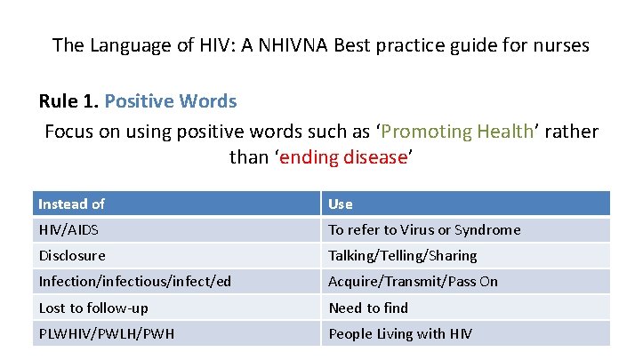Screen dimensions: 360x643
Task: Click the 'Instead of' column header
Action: tap(71, 204)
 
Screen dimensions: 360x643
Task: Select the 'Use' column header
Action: tap(341, 204)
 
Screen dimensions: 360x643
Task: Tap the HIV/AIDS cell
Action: tap(68, 229)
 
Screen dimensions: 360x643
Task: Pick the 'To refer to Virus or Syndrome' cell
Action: tap(424, 229)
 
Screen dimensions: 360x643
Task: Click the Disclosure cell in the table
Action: tap(72, 255)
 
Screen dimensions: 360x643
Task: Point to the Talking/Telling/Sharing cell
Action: tap(403, 255)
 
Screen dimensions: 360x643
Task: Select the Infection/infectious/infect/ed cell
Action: tap(134, 281)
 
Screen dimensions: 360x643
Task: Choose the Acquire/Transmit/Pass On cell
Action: tap(413, 281)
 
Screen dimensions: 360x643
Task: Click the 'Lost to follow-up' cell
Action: tap(93, 308)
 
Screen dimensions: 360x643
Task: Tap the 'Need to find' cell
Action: tap(368, 308)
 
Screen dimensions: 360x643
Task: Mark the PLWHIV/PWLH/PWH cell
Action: tap(106, 333)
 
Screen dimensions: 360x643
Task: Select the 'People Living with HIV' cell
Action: tap(400, 333)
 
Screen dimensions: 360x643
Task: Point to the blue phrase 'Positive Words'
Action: tap(171, 100)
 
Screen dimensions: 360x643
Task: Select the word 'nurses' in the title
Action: tap(559, 44)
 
